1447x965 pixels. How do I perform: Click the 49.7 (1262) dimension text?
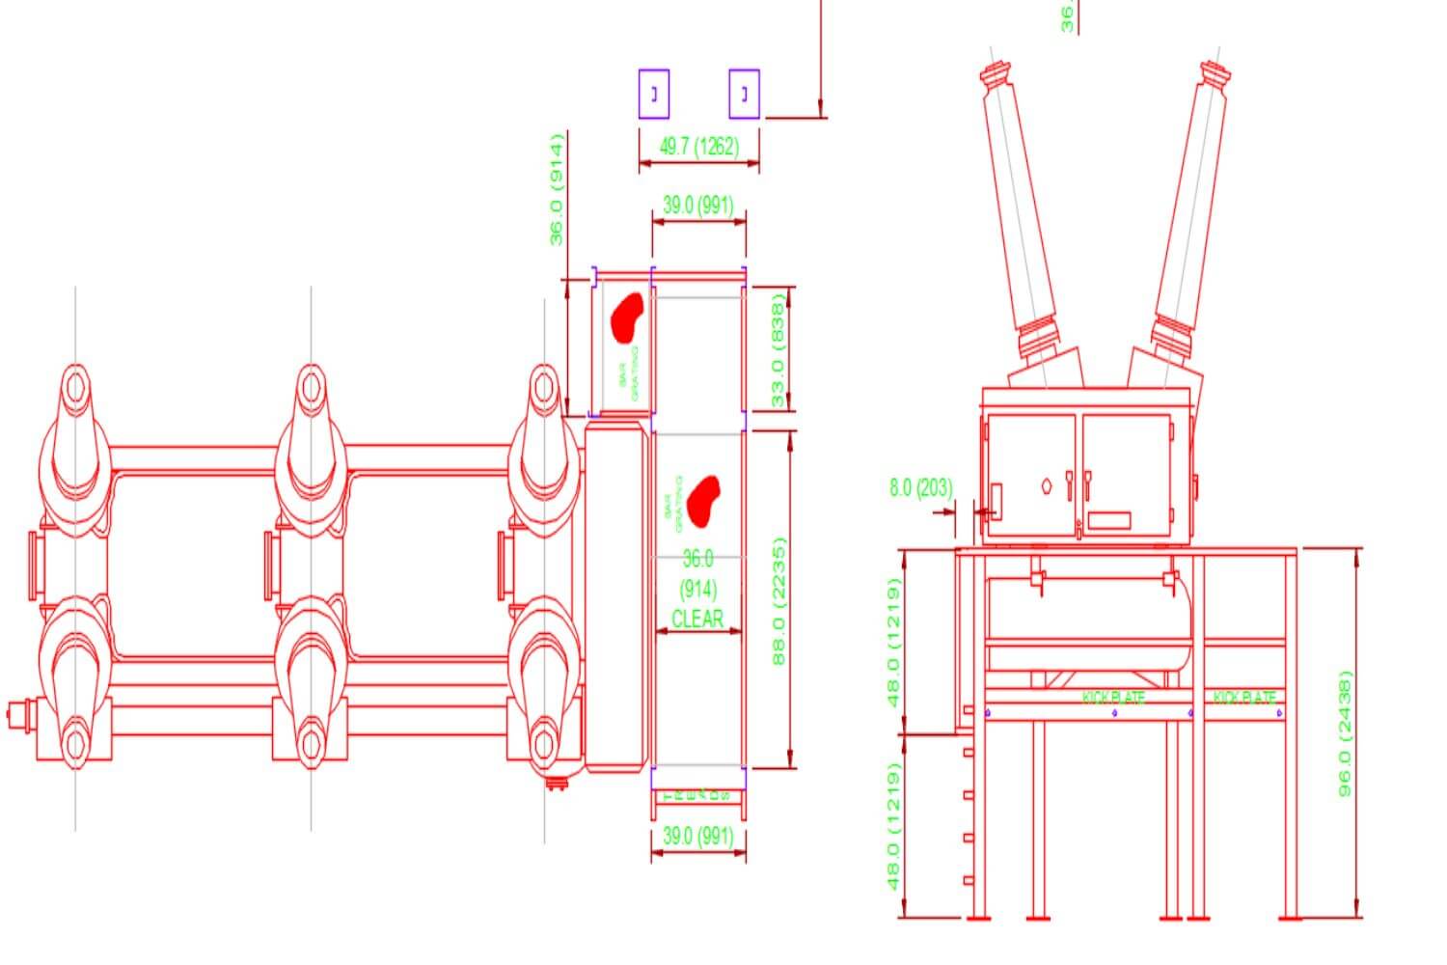698,146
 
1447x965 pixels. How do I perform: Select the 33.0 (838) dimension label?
778,348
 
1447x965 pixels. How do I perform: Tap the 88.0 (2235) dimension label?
779,599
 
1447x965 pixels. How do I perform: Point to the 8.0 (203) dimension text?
920,488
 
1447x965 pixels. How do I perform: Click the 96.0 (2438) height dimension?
1346,733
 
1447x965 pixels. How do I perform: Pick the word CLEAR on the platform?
696,619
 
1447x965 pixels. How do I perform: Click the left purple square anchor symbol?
654,94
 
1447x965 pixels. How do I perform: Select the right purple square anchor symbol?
744,94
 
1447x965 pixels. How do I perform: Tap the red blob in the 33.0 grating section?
627,317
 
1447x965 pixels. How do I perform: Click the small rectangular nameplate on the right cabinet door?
1108,520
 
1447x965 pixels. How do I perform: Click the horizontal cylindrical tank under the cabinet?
1090,622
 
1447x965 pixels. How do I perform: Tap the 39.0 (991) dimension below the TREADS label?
698,836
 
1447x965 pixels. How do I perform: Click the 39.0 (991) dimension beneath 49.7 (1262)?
698,205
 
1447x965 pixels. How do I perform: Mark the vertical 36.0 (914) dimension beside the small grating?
557,189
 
